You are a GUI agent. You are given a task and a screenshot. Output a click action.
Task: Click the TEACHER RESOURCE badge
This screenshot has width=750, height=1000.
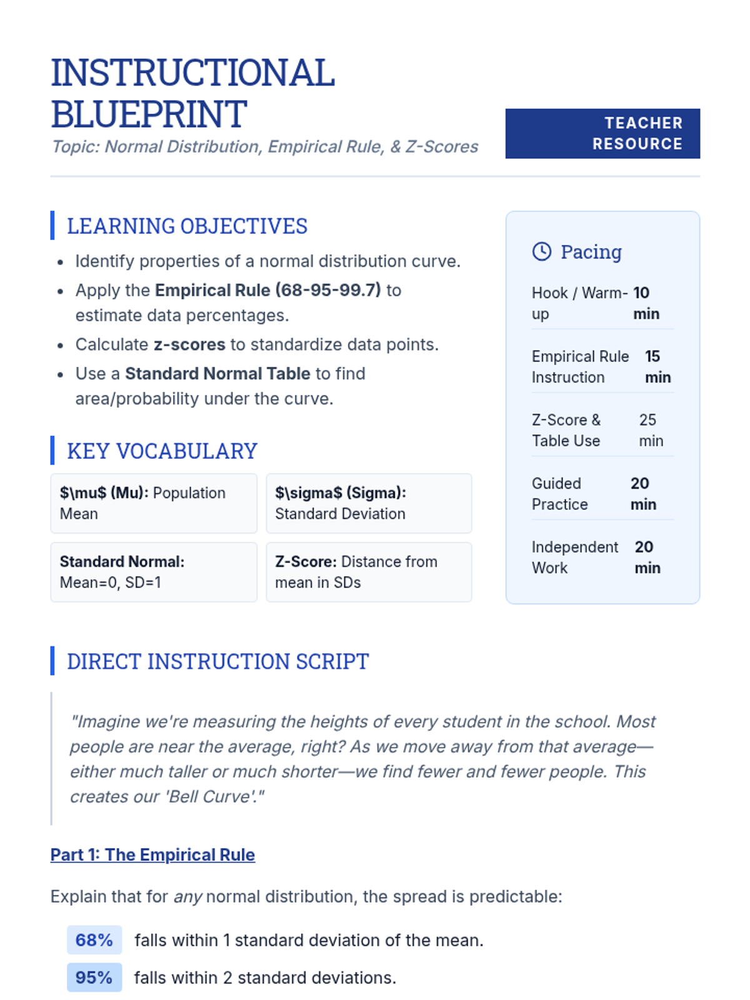pyautogui.click(x=602, y=133)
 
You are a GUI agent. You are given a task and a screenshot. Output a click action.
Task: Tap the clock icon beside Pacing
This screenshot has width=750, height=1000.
pyautogui.click(x=541, y=251)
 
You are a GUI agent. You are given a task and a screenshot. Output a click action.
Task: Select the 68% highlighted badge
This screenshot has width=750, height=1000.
pyautogui.click(x=94, y=940)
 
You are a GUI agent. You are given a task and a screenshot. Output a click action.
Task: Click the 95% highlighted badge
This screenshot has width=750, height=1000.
pyautogui.click(x=94, y=977)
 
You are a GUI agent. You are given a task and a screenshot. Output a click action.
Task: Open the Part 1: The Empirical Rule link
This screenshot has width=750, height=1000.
pyautogui.click(x=152, y=854)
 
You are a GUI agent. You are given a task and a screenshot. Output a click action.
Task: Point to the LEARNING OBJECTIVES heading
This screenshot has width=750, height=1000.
pyautogui.click(x=187, y=226)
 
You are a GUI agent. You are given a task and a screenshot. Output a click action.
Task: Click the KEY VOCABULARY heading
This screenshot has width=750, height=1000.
pyautogui.click(x=162, y=451)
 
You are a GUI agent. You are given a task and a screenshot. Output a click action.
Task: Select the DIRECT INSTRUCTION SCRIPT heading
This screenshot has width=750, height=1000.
pyautogui.click(x=217, y=661)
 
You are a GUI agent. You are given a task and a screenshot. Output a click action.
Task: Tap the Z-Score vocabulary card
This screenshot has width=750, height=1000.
pyautogui.click(x=369, y=572)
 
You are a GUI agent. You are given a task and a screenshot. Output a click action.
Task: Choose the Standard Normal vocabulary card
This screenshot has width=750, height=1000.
pyautogui.click(x=153, y=572)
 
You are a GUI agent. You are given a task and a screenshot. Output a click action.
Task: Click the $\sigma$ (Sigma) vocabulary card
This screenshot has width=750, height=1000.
pyautogui.click(x=369, y=503)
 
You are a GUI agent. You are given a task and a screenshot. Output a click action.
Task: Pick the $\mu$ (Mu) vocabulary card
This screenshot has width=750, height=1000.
pyautogui.click(x=153, y=503)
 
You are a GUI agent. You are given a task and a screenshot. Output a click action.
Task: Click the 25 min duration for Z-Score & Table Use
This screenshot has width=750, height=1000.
pyautogui.click(x=650, y=430)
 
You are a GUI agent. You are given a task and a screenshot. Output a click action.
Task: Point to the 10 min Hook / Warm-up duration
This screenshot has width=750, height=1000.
pyautogui.click(x=645, y=303)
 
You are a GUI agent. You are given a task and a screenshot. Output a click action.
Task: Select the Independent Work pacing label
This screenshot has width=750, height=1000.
pyautogui.click(x=574, y=557)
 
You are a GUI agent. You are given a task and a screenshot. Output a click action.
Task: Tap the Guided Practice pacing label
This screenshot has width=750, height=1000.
pyautogui.click(x=559, y=494)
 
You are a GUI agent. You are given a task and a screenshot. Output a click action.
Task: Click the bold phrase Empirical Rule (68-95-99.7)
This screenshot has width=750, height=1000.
pyautogui.click(x=267, y=290)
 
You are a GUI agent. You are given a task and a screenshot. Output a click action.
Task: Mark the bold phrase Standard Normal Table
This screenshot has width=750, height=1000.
pyautogui.click(x=217, y=373)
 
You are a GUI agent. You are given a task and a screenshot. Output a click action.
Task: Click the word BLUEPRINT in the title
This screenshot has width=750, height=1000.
pyautogui.click(x=149, y=114)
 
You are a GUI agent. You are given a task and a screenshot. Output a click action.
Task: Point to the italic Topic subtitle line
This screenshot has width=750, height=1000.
pyautogui.click(x=264, y=146)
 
